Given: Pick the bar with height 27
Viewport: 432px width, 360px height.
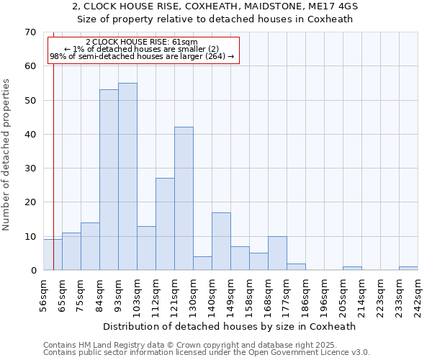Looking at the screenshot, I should tap(165, 224).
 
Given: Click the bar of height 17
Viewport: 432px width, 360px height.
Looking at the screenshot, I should tap(221, 241).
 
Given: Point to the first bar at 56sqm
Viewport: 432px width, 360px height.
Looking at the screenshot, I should tap(53, 255).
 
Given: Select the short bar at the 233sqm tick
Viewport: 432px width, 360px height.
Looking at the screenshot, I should tap(408, 269).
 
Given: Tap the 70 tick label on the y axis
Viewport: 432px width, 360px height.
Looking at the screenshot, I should tap(30, 32).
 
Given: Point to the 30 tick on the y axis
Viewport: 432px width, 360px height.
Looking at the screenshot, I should tap(30, 168).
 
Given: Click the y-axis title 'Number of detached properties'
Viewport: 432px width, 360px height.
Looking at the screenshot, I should tap(7, 155).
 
